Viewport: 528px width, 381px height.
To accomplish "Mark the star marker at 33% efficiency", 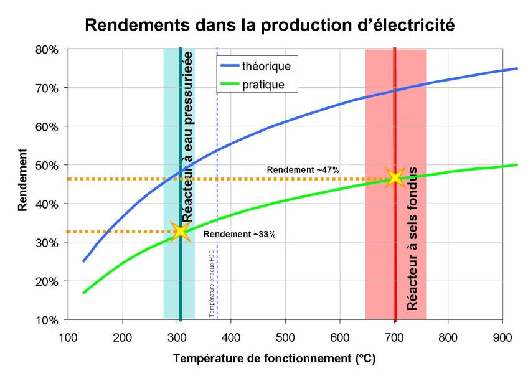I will pyautogui.click(x=181, y=232).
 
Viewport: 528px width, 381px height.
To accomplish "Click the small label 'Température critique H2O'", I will pyautogui.click(x=212, y=281).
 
